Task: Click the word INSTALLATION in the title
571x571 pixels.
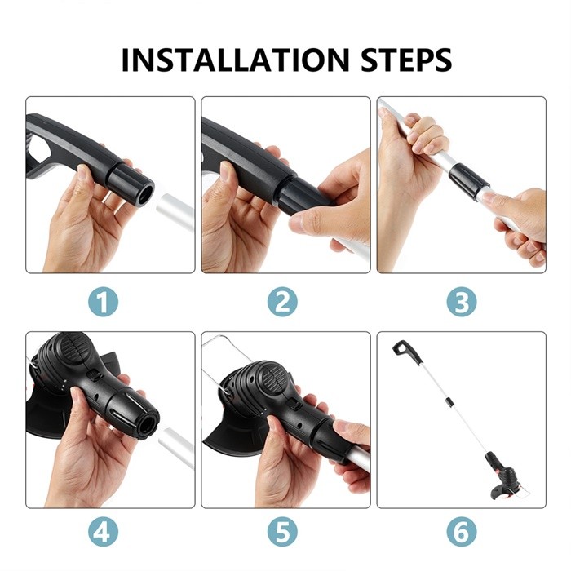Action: (x=236, y=60)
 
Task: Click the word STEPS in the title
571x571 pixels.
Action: (x=406, y=60)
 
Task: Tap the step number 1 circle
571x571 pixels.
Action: (x=104, y=302)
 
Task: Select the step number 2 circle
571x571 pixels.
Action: (x=282, y=302)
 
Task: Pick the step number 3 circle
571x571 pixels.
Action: (x=462, y=302)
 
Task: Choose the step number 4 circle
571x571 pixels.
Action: (x=104, y=531)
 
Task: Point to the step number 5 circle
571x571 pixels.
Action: (x=282, y=531)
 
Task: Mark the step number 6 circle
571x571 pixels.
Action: (x=462, y=531)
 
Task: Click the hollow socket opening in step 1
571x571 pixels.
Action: (x=144, y=194)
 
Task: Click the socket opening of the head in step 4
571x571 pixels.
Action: (x=148, y=426)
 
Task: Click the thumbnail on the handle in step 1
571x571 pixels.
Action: (x=82, y=170)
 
